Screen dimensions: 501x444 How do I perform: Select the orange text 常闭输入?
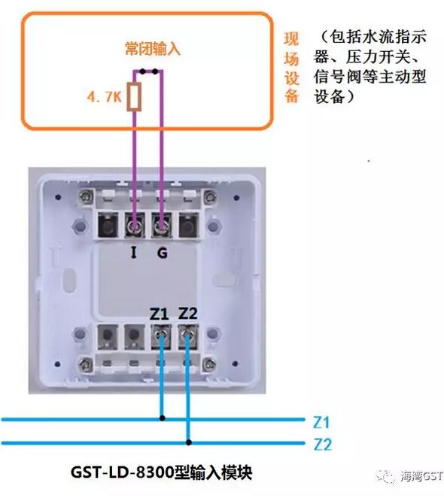(x=153, y=50)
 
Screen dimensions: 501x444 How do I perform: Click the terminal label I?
(x=134, y=254)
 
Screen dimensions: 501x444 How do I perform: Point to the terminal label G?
(x=162, y=254)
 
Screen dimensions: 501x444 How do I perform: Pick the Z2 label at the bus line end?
(x=321, y=444)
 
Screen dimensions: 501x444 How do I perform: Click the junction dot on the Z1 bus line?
(x=162, y=417)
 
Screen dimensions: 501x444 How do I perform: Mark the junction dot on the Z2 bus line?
(x=188, y=442)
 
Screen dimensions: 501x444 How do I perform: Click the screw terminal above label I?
(x=136, y=224)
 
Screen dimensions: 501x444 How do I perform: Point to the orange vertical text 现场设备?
(x=292, y=67)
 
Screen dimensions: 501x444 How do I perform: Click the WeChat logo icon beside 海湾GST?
(x=386, y=476)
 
